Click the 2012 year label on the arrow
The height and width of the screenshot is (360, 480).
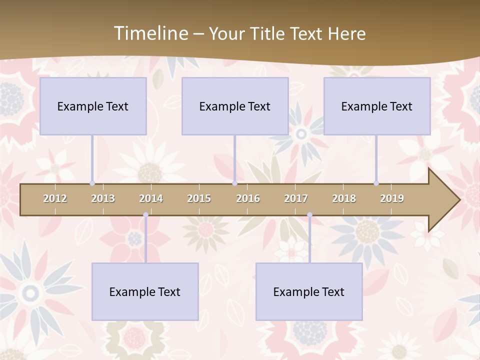pyautogui.click(x=55, y=198)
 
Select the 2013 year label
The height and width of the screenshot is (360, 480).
pyautogui.click(x=103, y=198)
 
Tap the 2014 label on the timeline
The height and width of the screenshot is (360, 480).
pyautogui.click(x=151, y=198)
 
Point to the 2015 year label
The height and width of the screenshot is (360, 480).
pyautogui.click(x=199, y=198)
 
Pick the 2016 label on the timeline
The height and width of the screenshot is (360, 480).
pyautogui.click(x=248, y=198)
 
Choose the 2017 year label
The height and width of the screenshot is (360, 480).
pyautogui.click(x=296, y=198)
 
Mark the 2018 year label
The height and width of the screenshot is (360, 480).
pyautogui.click(x=344, y=198)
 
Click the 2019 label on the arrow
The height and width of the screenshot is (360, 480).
pyautogui.click(x=392, y=198)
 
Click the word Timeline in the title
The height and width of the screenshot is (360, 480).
pyautogui.click(x=150, y=33)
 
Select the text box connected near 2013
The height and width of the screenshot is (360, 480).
pyautogui.click(x=93, y=106)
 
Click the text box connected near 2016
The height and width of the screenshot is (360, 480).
pyautogui.click(x=235, y=106)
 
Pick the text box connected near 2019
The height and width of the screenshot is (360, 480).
pyautogui.click(x=377, y=106)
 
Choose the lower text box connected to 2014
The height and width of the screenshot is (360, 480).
pyautogui.click(x=145, y=291)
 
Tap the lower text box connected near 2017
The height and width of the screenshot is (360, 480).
pyautogui.click(x=309, y=291)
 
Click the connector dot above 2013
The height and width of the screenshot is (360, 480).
pyautogui.click(x=92, y=183)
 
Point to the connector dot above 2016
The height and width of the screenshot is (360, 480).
pyautogui.click(x=234, y=183)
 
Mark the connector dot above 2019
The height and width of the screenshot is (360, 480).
pyautogui.click(x=376, y=183)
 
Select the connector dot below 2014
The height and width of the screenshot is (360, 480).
pyautogui.click(x=145, y=215)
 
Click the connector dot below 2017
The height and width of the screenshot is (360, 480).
pyautogui.click(x=309, y=215)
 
